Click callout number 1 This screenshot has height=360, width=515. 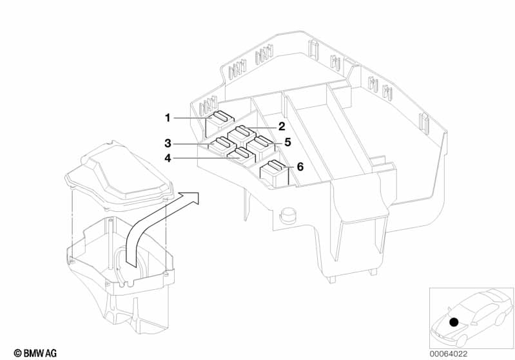pyautogui.click(x=168, y=118)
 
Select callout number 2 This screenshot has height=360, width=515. pyautogui.click(x=282, y=126)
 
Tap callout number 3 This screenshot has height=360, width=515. pyautogui.click(x=168, y=144)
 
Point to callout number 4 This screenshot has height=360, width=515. pyautogui.click(x=168, y=158)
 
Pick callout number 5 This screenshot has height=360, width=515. pyautogui.click(x=287, y=142)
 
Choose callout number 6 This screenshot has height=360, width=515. pyautogui.click(x=300, y=167)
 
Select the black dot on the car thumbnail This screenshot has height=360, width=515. pyautogui.click(x=454, y=322)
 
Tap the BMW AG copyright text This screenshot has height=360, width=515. pyautogui.click(x=35, y=354)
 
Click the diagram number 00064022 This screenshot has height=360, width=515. pyautogui.click(x=449, y=354)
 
